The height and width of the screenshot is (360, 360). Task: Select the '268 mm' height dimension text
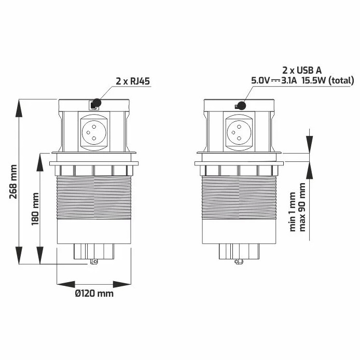[x=15, y=182]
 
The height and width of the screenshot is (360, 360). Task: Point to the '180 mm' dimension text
[x=35, y=207]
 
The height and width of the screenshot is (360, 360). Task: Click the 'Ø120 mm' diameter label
[x=94, y=294]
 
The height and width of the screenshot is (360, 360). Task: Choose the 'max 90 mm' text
[x=303, y=207]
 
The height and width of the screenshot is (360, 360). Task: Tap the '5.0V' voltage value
[x=260, y=80]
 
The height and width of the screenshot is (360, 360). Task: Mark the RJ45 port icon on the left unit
[x=94, y=105]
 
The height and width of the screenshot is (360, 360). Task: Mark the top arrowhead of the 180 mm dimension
[x=40, y=158]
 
